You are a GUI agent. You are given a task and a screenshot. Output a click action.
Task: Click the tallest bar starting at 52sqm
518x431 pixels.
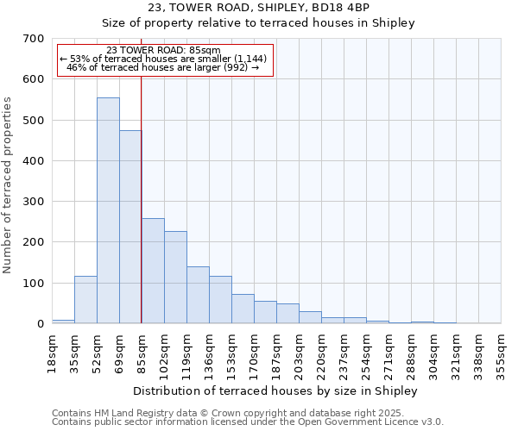point(108,211)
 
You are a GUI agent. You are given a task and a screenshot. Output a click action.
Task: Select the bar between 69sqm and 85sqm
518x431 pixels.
point(130,228)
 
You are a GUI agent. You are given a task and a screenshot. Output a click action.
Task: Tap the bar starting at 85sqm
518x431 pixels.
point(153,272)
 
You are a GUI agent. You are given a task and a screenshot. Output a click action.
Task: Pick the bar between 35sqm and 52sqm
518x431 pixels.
point(85,300)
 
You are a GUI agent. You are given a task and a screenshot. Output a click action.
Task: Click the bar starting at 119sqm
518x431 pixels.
point(198,296)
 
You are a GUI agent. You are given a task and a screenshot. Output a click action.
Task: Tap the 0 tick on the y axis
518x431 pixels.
point(40,324)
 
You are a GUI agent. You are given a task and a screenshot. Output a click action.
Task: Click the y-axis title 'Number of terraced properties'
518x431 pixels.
point(8,185)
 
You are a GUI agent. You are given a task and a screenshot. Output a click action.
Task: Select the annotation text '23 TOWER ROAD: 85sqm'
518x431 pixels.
point(164,51)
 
